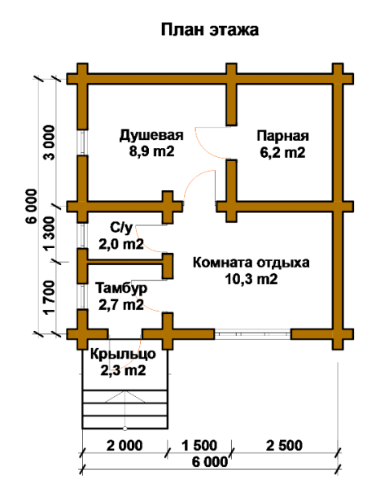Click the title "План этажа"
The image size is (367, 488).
[209, 31]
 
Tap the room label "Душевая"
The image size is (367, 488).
[151, 134]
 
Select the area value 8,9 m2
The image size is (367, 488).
[151, 151]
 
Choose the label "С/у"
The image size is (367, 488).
[120, 228]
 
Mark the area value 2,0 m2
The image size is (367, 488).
[121, 243]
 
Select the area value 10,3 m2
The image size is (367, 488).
[251, 280]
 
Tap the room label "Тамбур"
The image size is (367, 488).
[120, 289]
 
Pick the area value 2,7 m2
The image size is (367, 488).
[120, 306]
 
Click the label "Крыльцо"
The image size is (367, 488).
[123, 355]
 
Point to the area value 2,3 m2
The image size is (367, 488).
[123, 372]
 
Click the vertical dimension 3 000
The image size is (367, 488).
[50, 144]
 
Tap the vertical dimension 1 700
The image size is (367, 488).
[50, 297]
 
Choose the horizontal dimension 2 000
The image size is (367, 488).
[124, 445]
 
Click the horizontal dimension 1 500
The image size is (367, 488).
[199, 445]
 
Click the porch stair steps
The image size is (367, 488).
[124, 407]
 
